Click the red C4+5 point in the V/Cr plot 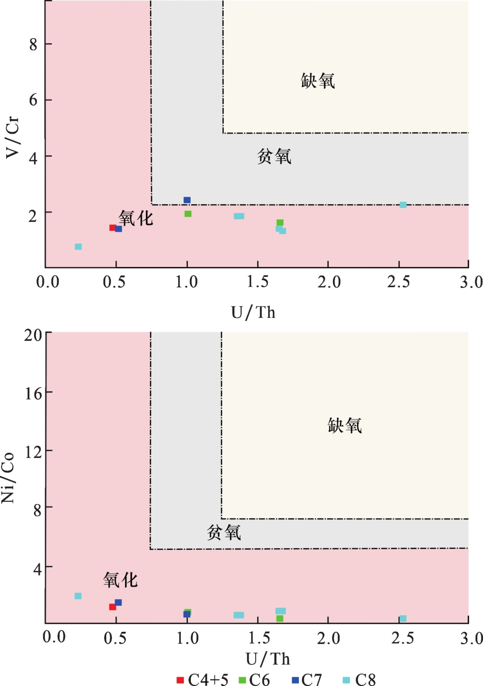point(112,227)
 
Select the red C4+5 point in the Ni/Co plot point(112,607)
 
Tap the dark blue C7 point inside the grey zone point(187,200)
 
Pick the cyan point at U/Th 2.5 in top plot point(403,205)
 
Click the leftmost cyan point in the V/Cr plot point(78,247)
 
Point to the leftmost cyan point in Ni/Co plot point(78,596)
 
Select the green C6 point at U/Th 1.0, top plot point(188,214)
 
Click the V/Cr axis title point(12,137)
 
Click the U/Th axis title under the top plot point(253,312)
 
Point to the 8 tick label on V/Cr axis point(34,44)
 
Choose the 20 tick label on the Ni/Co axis point(33,335)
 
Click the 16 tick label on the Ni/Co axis point(33,393)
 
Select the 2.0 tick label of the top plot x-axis point(328,282)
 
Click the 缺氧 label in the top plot point(318,81)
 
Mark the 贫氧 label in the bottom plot point(224,532)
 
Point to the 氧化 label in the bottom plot point(120,580)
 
